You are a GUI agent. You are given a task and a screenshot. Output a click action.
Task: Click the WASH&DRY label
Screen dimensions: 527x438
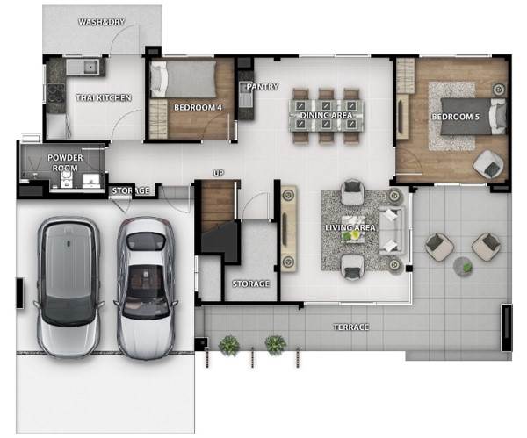(102, 22)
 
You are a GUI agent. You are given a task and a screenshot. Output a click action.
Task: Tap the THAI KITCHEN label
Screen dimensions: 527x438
(104, 97)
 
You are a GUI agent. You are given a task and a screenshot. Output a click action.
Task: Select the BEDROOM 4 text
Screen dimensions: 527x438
(198, 108)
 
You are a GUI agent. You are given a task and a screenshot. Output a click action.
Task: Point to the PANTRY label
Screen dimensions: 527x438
(263, 87)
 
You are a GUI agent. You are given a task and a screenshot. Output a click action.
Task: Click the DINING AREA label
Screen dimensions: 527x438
(326, 115)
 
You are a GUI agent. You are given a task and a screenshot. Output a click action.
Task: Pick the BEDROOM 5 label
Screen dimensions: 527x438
(455, 117)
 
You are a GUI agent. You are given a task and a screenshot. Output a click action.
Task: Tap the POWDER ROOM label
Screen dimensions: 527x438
(65, 162)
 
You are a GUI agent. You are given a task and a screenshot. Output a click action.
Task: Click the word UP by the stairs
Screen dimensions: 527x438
(219, 173)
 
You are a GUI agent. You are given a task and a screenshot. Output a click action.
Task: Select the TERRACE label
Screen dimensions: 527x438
(351, 327)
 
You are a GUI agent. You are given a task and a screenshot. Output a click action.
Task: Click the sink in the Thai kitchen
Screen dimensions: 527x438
(90, 67)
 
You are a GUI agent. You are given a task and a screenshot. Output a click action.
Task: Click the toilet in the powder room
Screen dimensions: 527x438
(65, 180)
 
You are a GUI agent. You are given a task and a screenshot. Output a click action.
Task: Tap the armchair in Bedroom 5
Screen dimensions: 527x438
(488, 163)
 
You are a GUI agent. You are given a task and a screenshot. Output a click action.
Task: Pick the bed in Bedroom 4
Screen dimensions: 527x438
(184, 80)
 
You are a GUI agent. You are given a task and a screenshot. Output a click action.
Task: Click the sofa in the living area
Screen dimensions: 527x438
(392, 230)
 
